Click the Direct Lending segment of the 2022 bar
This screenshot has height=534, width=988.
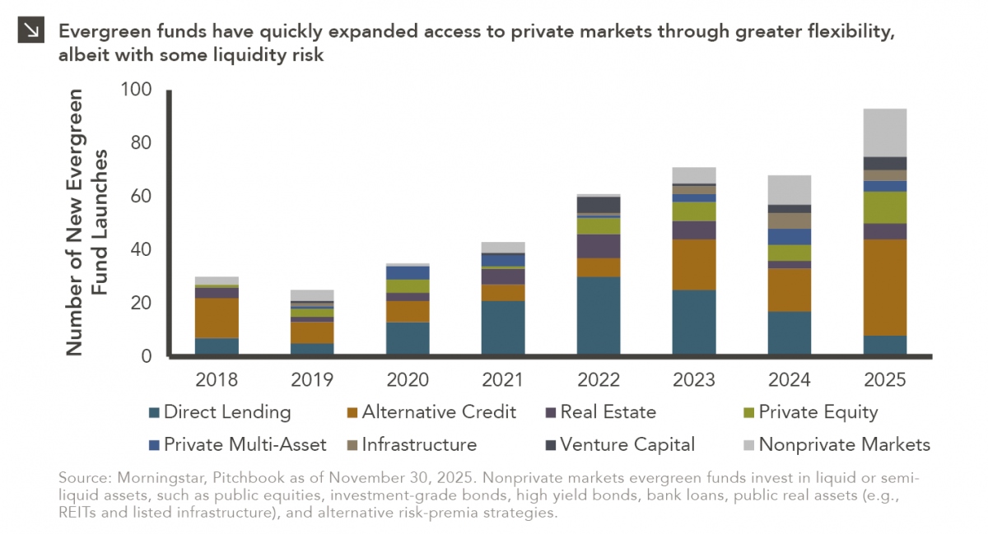click(599, 316)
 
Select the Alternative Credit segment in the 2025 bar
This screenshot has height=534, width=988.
click(885, 287)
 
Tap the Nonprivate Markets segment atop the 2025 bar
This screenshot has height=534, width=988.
click(885, 132)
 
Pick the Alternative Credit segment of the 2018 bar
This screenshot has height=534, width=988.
click(217, 318)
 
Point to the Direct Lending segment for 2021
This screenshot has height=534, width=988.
click(503, 327)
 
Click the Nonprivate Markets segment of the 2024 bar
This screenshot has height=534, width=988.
click(790, 189)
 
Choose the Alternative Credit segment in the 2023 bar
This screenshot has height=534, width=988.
click(694, 264)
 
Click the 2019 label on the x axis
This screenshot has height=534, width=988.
click(312, 379)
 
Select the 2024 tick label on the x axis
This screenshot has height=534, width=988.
click(790, 379)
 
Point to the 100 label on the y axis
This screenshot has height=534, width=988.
click(137, 89)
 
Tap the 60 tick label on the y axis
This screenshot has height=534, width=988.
click(142, 196)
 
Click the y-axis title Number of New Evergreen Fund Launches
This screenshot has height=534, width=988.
click(86, 222)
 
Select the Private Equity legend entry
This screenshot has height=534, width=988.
click(818, 412)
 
